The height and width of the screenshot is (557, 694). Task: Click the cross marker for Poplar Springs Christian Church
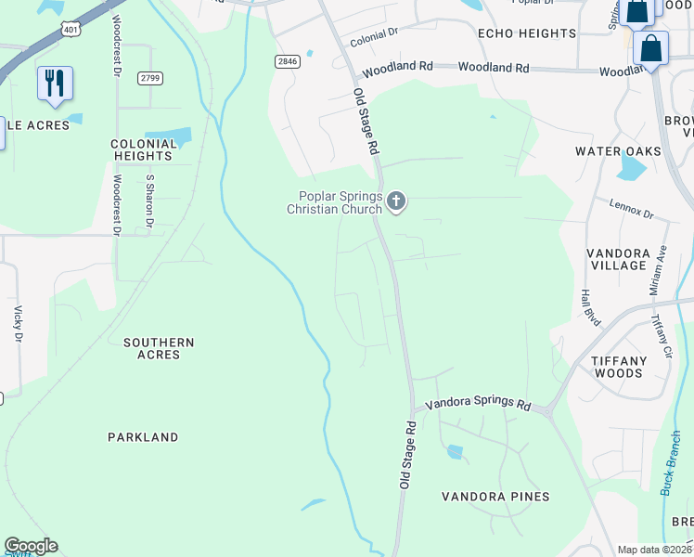pos(396,201)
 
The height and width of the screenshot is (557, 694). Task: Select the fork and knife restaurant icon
pos(55,84)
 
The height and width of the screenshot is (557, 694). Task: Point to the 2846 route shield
pos(287,61)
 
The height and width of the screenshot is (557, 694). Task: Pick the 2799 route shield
pos(149,78)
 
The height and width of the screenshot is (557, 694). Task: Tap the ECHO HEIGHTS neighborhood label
pos(526,33)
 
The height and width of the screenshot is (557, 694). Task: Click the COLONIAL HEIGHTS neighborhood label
pos(144,150)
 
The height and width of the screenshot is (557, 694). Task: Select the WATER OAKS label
pos(618,151)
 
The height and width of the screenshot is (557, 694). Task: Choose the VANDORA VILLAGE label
pos(618,259)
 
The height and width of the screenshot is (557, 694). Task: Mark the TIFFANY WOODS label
pos(619,367)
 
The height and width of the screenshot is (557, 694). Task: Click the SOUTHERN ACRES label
pos(159,348)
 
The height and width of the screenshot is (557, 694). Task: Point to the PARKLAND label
pos(142,436)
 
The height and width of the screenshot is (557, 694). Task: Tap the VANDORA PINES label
pos(495,497)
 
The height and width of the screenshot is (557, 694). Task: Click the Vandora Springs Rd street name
pos(477,406)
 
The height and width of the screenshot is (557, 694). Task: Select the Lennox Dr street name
pos(632,210)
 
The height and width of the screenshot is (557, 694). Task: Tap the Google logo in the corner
pos(31,546)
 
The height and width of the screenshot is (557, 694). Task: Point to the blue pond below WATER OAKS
pos(631,168)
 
